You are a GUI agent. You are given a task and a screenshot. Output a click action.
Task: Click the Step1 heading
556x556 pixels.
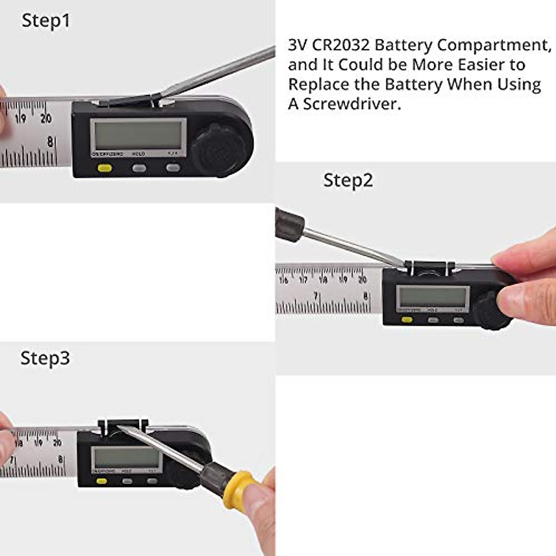pos(45,21)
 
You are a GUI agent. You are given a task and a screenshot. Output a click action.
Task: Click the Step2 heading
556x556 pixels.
pos(348,180)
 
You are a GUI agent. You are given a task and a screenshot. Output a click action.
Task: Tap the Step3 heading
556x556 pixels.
pos(45,358)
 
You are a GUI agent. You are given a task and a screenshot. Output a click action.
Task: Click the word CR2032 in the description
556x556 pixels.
pos(341,45)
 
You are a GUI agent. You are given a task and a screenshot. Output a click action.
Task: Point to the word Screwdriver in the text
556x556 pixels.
pos(352,104)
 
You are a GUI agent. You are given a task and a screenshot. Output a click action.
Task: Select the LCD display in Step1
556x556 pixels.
pos(138,134)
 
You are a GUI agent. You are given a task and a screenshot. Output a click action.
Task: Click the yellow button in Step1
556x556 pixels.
pos(105,168)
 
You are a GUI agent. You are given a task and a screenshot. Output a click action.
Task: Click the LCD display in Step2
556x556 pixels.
pos(433,297)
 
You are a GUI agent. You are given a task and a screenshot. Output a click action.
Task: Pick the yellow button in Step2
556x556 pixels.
pos(407,319)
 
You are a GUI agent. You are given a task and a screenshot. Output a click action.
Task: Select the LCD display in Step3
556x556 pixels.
pos(126,458)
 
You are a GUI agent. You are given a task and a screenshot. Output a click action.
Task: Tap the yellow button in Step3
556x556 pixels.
pos(101,481)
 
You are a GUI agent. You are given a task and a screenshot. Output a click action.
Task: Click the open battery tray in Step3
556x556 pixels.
pos(123,425)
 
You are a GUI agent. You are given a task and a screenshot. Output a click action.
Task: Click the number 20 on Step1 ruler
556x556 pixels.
pos(46,119)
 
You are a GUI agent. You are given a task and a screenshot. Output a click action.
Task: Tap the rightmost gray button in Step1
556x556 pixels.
pos(172,168)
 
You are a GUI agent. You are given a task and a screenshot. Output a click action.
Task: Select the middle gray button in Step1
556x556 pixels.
pos(139,168)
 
